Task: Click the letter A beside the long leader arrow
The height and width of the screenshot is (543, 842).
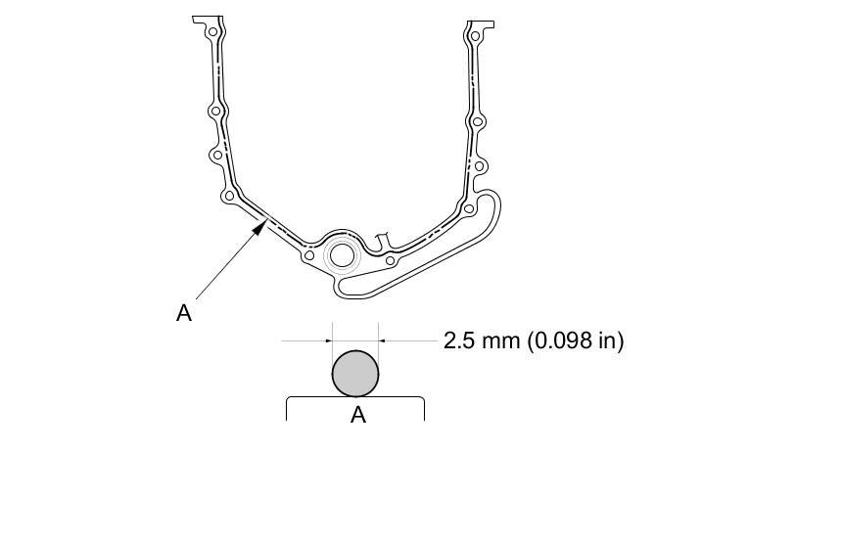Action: [184, 312]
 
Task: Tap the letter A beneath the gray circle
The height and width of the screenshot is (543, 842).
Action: [357, 415]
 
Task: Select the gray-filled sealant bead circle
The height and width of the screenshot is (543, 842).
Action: [355, 374]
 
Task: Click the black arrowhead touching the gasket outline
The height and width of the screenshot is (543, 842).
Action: [259, 228]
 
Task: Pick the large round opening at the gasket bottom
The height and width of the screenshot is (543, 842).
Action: [342, 254]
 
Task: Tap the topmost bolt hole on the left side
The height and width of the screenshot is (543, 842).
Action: [212, 31]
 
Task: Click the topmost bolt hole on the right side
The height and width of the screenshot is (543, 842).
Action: [475, 36]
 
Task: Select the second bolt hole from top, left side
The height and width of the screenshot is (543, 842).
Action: [215, 112]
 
